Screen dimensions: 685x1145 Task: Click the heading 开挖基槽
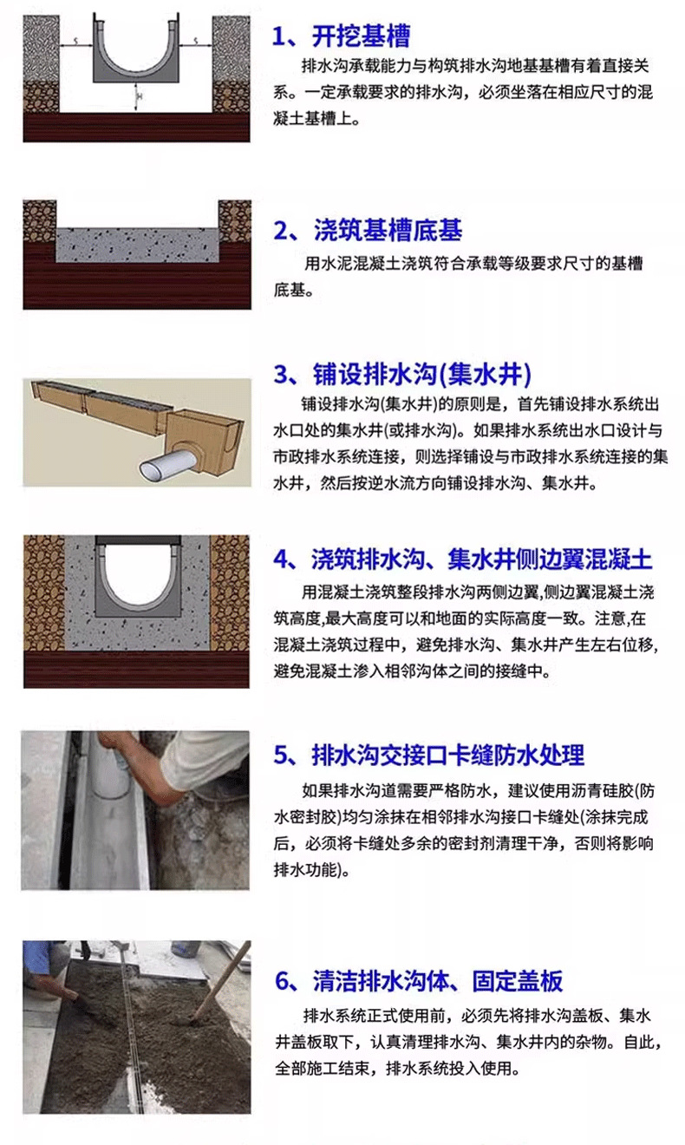(361, 36)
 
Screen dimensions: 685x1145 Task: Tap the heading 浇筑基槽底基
(388, 230)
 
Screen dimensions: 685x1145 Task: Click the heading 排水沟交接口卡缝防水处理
(447, 755)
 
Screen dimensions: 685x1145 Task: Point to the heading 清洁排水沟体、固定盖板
(438, 980)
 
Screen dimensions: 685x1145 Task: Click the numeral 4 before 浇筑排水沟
(282, 559)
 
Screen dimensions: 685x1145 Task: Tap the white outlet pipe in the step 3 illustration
(165, 463)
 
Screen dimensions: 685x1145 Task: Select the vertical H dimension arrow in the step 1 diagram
(136, 95)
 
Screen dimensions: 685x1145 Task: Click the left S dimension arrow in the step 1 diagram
(76, 45)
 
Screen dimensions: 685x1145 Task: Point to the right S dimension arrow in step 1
(196, 45)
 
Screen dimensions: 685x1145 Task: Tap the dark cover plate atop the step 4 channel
(138, 540)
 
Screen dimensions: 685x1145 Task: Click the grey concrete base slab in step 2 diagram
(137, 245)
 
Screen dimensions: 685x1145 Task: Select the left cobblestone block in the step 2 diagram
(39, 221)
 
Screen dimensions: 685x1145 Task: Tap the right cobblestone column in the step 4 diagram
(230, 593)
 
